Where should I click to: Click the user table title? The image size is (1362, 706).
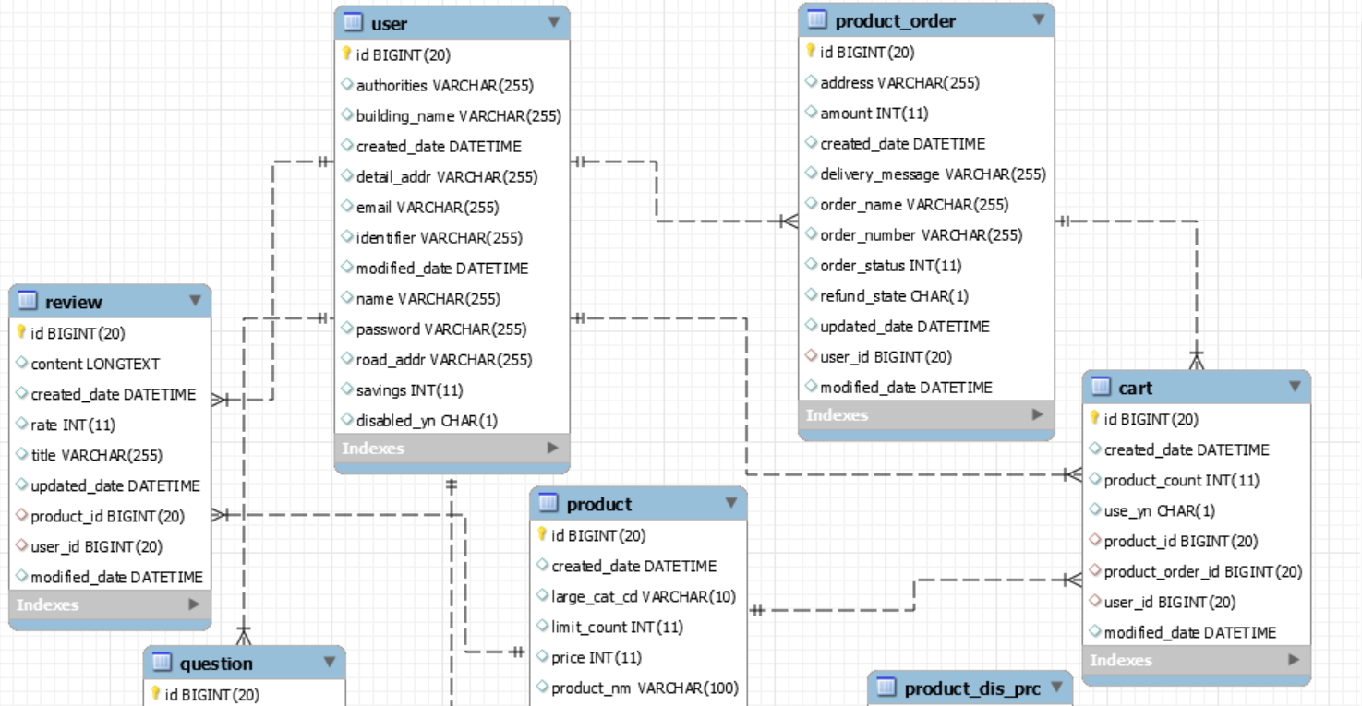click(x=389, y=23)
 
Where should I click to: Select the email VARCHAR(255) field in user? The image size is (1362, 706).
click(x=427, y=208)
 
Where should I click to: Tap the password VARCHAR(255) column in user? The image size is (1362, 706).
click(x=440, y=329)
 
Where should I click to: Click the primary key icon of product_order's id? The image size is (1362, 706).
click(x=811, y=52)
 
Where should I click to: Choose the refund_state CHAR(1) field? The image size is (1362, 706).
click(x=894, y=296)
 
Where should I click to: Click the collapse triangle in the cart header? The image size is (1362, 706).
click(x=1295, y=387)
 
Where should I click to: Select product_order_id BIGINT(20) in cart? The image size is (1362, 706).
click(x=1202, y=572)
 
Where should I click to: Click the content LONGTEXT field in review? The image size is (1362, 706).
click(x=95, y=365)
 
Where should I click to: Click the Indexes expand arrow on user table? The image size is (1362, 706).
click(x=552, y=448)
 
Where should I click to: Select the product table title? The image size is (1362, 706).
click(x=598, y=504)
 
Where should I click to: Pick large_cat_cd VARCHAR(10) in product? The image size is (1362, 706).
click(x=643, y=597)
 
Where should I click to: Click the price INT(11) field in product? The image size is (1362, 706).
click(x=596, y=658)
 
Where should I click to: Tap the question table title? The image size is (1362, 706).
click(x=215, y=664)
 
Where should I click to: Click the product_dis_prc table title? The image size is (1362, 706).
click(x=971, y=688)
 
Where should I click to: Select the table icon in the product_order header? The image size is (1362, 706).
click(x=816, y=19)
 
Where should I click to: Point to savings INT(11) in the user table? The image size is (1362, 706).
click(x=409, y=390)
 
